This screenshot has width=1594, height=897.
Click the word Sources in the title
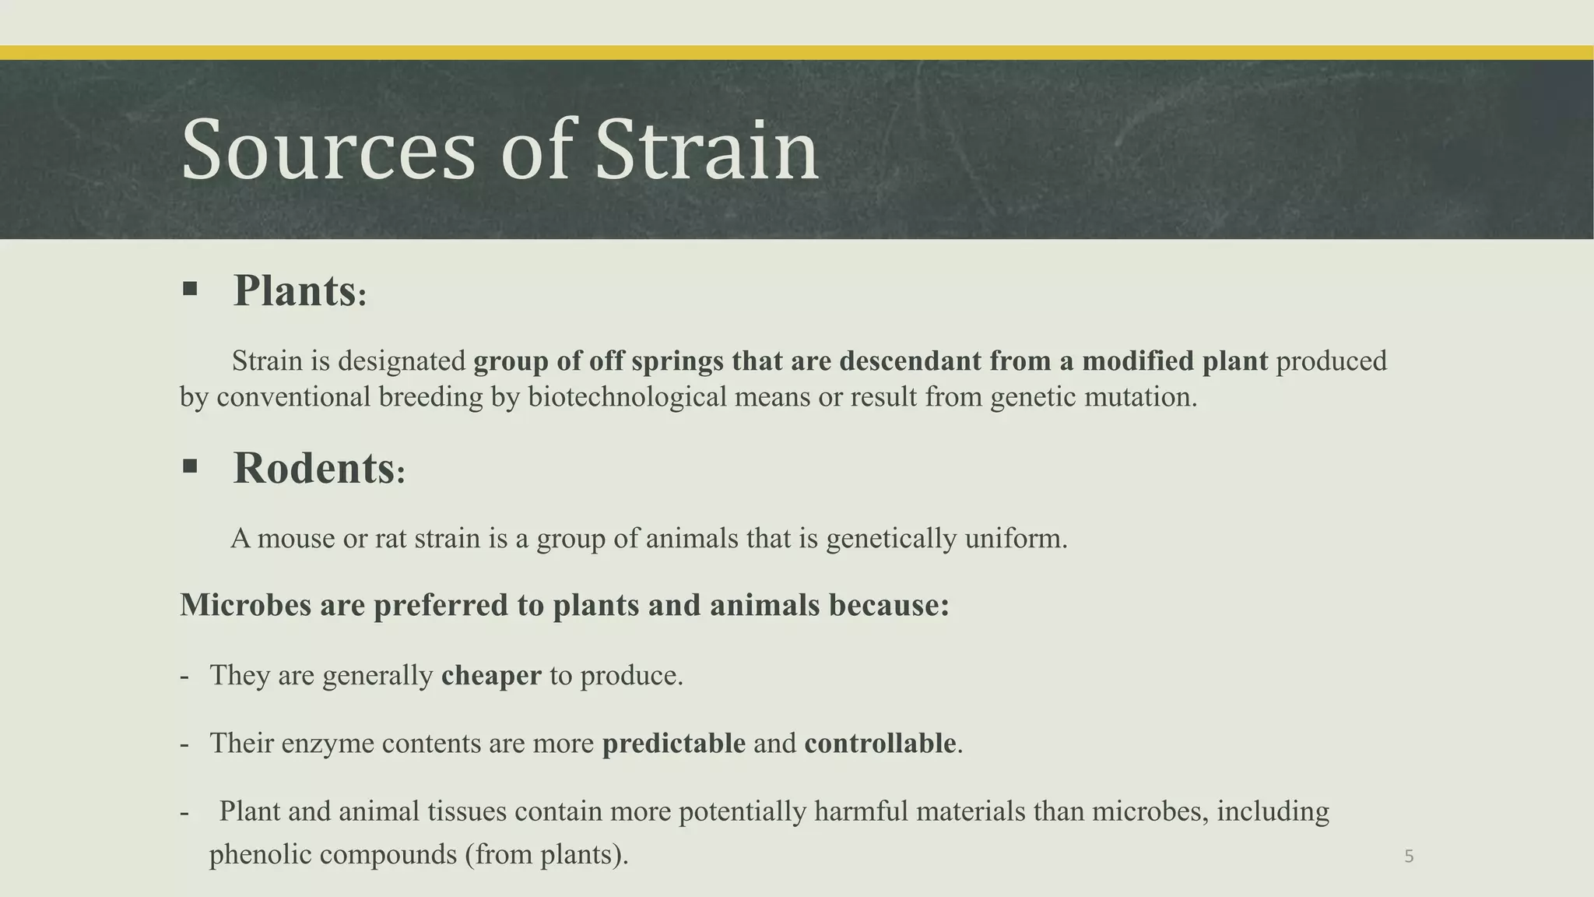click(328, 149)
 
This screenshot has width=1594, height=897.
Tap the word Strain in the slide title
click(706, 149)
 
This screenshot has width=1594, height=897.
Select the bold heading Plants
click(295, 291)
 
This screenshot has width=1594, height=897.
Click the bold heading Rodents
click(314, 469)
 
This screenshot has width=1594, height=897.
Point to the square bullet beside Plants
click(190, 290)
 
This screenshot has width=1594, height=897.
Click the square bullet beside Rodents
click(190, 466)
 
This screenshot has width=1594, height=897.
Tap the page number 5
click(1409, 857)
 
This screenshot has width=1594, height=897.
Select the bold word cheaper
click(490, 675)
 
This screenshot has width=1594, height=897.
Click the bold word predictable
click(673, 743)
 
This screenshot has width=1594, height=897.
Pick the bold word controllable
click(880, 743)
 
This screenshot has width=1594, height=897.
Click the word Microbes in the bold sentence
click(245, 605)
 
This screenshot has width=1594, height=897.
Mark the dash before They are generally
click(184, 675)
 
